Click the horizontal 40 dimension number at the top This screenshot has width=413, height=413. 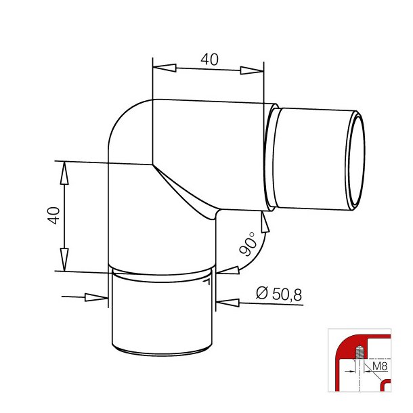pos(210,60)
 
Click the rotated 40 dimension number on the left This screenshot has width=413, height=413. pos(53,215)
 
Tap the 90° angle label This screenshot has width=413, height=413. pos(248,244)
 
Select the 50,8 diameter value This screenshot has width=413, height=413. pos(287,295)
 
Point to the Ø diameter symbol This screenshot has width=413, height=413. pos(262,293)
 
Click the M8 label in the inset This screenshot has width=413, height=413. pos(380,366)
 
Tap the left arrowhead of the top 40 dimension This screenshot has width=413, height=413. pos(165,68)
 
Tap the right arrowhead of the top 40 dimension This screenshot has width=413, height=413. pos(252,70)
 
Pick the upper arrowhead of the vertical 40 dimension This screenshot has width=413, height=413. pos(64,173)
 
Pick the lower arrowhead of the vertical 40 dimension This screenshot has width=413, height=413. pos(64,259)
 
